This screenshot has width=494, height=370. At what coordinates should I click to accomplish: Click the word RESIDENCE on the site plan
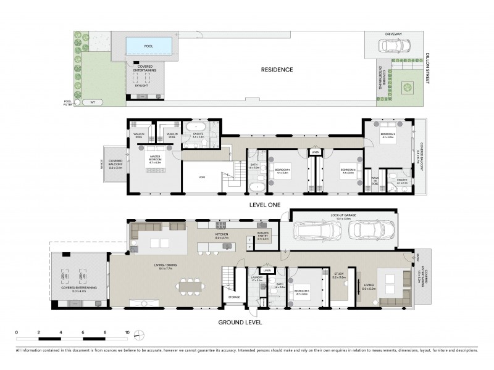276,69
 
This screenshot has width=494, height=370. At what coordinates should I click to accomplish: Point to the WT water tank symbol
93,102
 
